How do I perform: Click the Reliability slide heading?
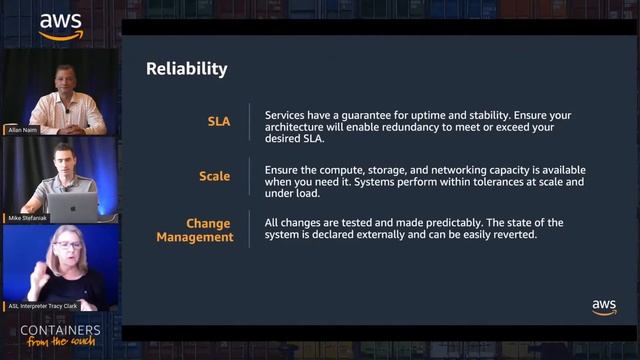(186, 69)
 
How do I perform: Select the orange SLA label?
(218, 122)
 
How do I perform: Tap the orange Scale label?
(214, 176)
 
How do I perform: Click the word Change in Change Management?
(208, 223)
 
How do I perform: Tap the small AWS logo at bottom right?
(604, 307)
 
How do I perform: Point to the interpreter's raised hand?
(41, 270)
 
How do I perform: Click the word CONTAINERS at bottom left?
(61, 330)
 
